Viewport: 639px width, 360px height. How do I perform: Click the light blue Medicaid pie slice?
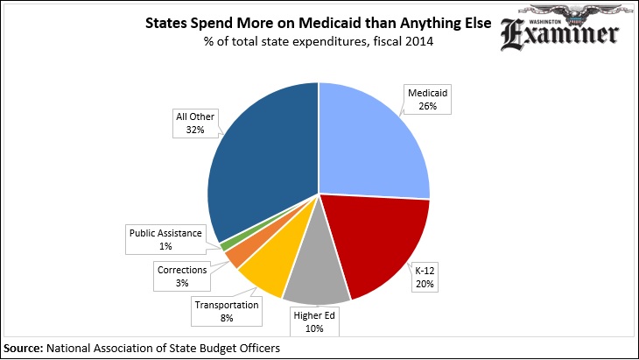pyautogui.click(x=372, y=145)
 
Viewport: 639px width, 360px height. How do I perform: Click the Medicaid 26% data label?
pyautogui.click(x=428, y=97)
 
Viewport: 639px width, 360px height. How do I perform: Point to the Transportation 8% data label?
pyautogui.click(x=227, y=311)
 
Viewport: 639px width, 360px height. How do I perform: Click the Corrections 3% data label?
pyautogui.click(x=183, y=277)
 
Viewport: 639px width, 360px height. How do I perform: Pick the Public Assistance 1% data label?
pyautogui.click(x=165, y=240)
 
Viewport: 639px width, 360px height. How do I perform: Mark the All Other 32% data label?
pyautogui.click(x=194, y=124)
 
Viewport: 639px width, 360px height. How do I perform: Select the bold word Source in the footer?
pyautogui.click(x=24, y=348)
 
